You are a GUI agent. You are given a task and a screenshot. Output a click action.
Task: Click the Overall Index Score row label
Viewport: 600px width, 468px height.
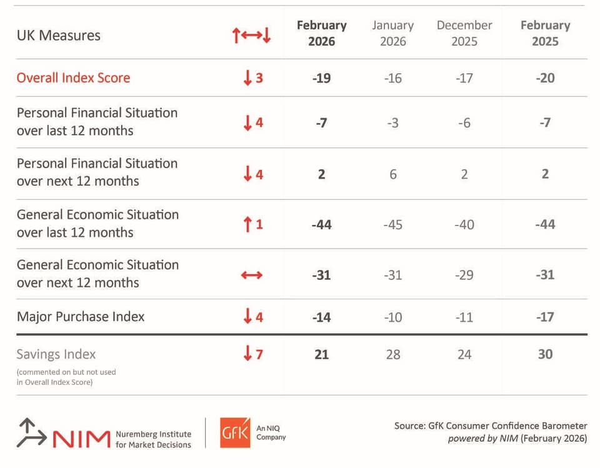(x=74, y=77)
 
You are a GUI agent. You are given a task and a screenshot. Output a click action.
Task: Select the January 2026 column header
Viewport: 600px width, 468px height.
(x=393, y=33)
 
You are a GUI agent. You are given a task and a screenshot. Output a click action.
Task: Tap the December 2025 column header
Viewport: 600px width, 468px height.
(x=464, y=33)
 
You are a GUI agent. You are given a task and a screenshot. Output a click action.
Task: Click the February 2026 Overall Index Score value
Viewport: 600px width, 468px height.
(x=321, y=78)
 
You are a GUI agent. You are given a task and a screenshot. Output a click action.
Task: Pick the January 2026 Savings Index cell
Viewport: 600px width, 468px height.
(x=393, y=354)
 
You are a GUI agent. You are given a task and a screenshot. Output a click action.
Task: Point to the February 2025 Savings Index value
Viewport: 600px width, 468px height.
(x=545, y=354)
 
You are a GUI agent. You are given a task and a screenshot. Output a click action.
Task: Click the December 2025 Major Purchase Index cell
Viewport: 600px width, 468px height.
(x=464, y=317)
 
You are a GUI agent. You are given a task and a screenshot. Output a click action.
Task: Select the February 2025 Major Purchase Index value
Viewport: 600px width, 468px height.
(x=545, y=317)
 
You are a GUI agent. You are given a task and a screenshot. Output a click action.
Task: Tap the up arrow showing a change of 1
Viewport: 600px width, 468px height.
(x=247, y=224)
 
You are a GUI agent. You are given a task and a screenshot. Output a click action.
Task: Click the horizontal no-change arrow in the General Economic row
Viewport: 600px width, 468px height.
(x=252, y=275)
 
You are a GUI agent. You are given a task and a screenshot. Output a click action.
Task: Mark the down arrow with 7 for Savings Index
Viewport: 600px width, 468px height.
(x=247, y=353)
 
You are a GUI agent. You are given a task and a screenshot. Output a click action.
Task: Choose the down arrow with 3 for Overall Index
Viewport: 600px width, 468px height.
(x=247, y=77)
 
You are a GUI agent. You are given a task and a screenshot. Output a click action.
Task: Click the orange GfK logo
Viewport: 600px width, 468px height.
(x=235, y=432)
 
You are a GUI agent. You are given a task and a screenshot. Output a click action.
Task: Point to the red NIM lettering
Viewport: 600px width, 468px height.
(x=81, y=439)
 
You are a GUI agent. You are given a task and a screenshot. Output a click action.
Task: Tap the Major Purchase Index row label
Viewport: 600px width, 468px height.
(x=81, y=317)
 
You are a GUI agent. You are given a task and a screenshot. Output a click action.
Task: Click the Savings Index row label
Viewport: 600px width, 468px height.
(x=56, y=354)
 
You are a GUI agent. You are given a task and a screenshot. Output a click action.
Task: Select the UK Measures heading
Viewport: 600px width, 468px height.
(x=59, y=35)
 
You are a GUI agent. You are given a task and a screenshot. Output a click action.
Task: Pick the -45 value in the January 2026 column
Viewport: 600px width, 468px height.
(x=393, y=224)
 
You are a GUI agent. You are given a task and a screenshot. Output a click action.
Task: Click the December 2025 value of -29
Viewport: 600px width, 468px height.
(x=464, y=275)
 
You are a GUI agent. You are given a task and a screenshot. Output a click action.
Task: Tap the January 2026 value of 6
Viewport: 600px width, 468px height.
(x=393, y=174)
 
